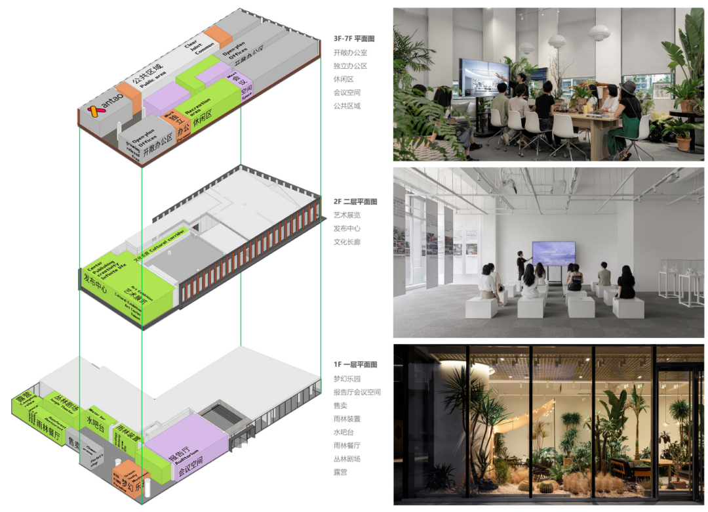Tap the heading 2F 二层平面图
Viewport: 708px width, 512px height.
pos(355,202)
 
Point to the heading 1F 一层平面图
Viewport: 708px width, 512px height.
pos(355,364)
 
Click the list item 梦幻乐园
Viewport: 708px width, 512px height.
pos(347,379)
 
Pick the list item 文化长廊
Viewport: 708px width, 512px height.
pos(347,242)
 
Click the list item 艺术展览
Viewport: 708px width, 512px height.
pos(347,215)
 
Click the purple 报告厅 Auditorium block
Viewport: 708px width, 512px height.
pos(184,453)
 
